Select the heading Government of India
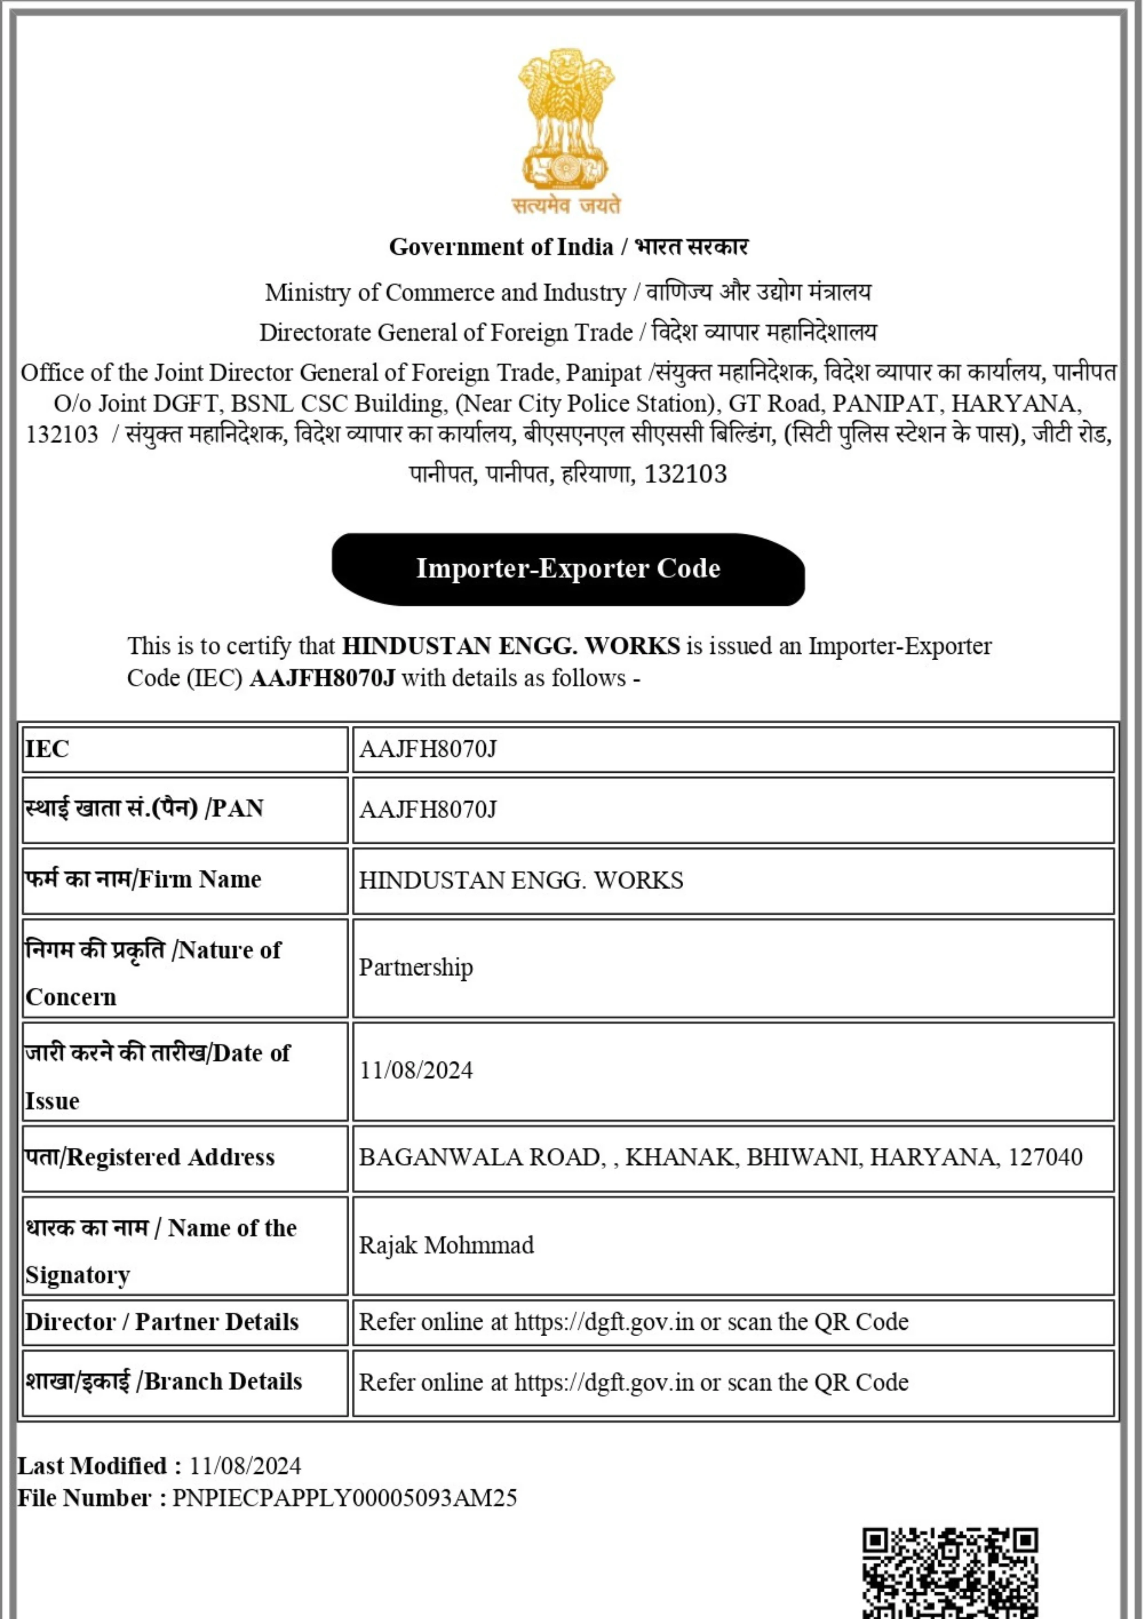click(501, 247)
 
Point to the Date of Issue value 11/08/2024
click(416, 1070)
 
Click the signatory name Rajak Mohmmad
click(446, 1245)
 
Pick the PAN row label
click(144, 808)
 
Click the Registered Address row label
click(149, 1157)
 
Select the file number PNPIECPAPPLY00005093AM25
click(345, 1498)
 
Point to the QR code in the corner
click(950, 1574)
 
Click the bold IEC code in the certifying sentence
click(322, 678)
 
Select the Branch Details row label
click(164, 1381)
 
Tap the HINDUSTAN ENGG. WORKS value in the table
click(521, 880)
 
